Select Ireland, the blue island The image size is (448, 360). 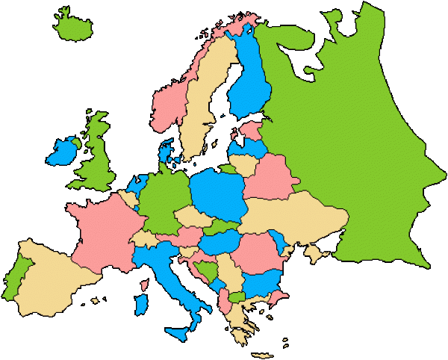[x=61, y=152]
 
